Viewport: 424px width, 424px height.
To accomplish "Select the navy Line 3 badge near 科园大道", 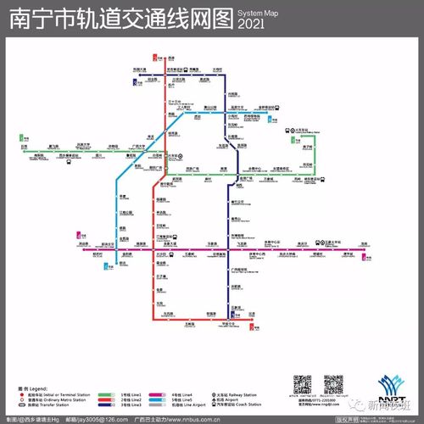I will click(137, 81).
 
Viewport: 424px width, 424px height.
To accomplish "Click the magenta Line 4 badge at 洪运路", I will click(80, 236).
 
